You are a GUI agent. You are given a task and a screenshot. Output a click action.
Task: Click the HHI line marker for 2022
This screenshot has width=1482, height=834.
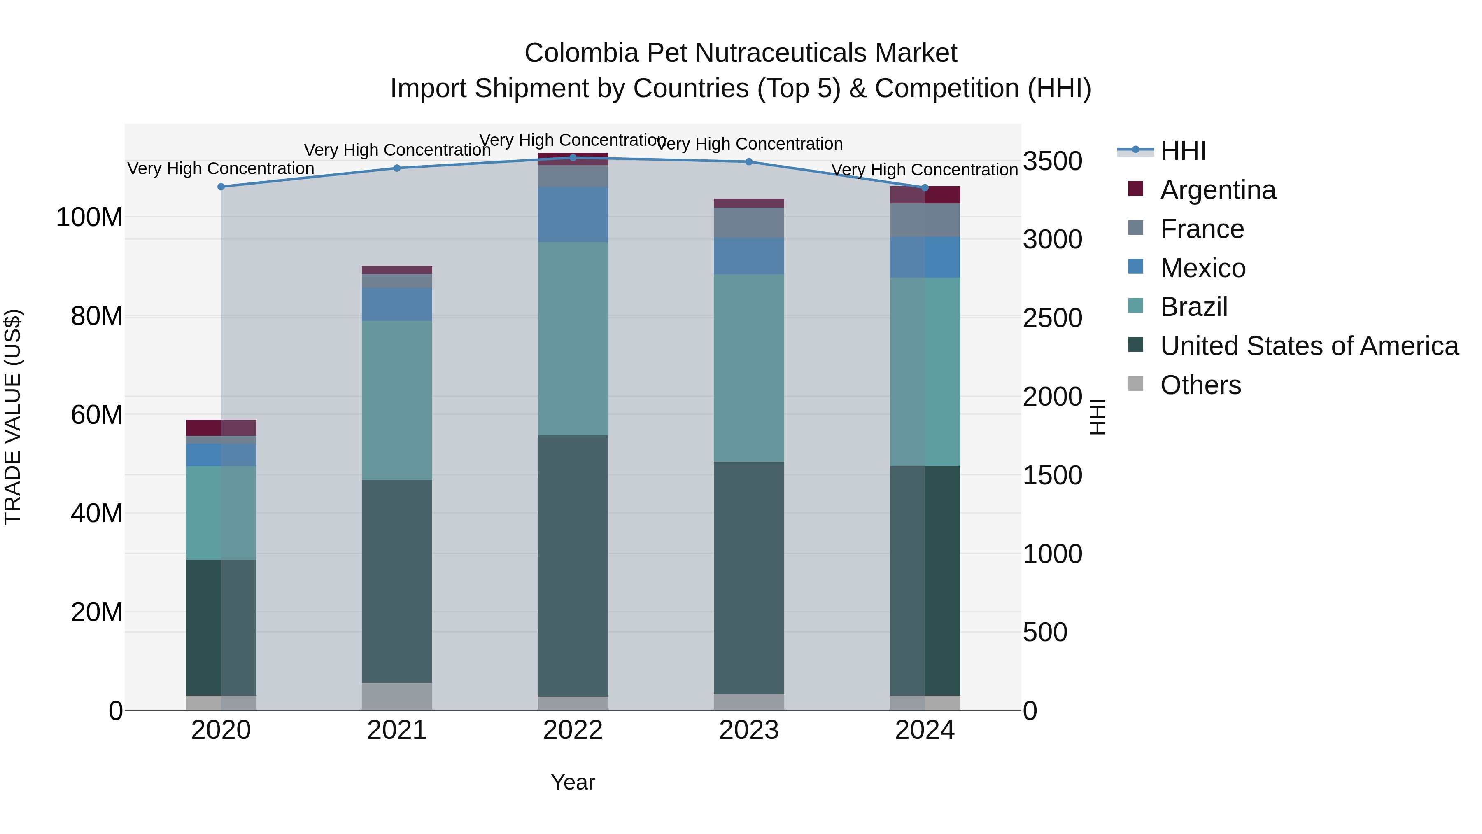point(573,157)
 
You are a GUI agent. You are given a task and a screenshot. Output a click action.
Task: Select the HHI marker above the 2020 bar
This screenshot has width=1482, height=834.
point(221,187)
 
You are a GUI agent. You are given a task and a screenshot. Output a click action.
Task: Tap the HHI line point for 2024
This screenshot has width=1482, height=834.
point(925,188)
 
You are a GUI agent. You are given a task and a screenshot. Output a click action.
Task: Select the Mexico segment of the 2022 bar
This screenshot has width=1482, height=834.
point(573,214)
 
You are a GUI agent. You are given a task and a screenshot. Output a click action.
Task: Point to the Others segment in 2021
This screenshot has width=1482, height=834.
point(397,696)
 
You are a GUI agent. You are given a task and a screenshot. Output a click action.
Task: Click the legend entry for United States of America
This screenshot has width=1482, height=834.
point(1309,346)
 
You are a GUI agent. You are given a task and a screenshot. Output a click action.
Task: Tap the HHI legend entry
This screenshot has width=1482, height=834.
point(1182,151)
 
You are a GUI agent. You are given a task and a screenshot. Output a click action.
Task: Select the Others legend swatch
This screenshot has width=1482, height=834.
point(1136,383)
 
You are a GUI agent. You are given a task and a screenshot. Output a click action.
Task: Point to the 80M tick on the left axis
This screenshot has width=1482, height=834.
point(96,316)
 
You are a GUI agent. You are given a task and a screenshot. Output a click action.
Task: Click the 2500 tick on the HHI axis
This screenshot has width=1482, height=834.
point(1052,318)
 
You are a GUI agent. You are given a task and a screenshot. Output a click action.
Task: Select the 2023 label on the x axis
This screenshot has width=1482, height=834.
point(748,730)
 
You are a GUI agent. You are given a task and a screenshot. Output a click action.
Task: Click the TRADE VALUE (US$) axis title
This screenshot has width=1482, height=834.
point(13,416)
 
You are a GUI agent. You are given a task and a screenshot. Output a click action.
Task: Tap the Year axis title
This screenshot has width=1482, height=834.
point(573,782)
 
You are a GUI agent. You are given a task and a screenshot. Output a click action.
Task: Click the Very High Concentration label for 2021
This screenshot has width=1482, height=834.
point(397,150)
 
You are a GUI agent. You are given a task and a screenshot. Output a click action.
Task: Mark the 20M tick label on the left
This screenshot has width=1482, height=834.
point(96,612)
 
